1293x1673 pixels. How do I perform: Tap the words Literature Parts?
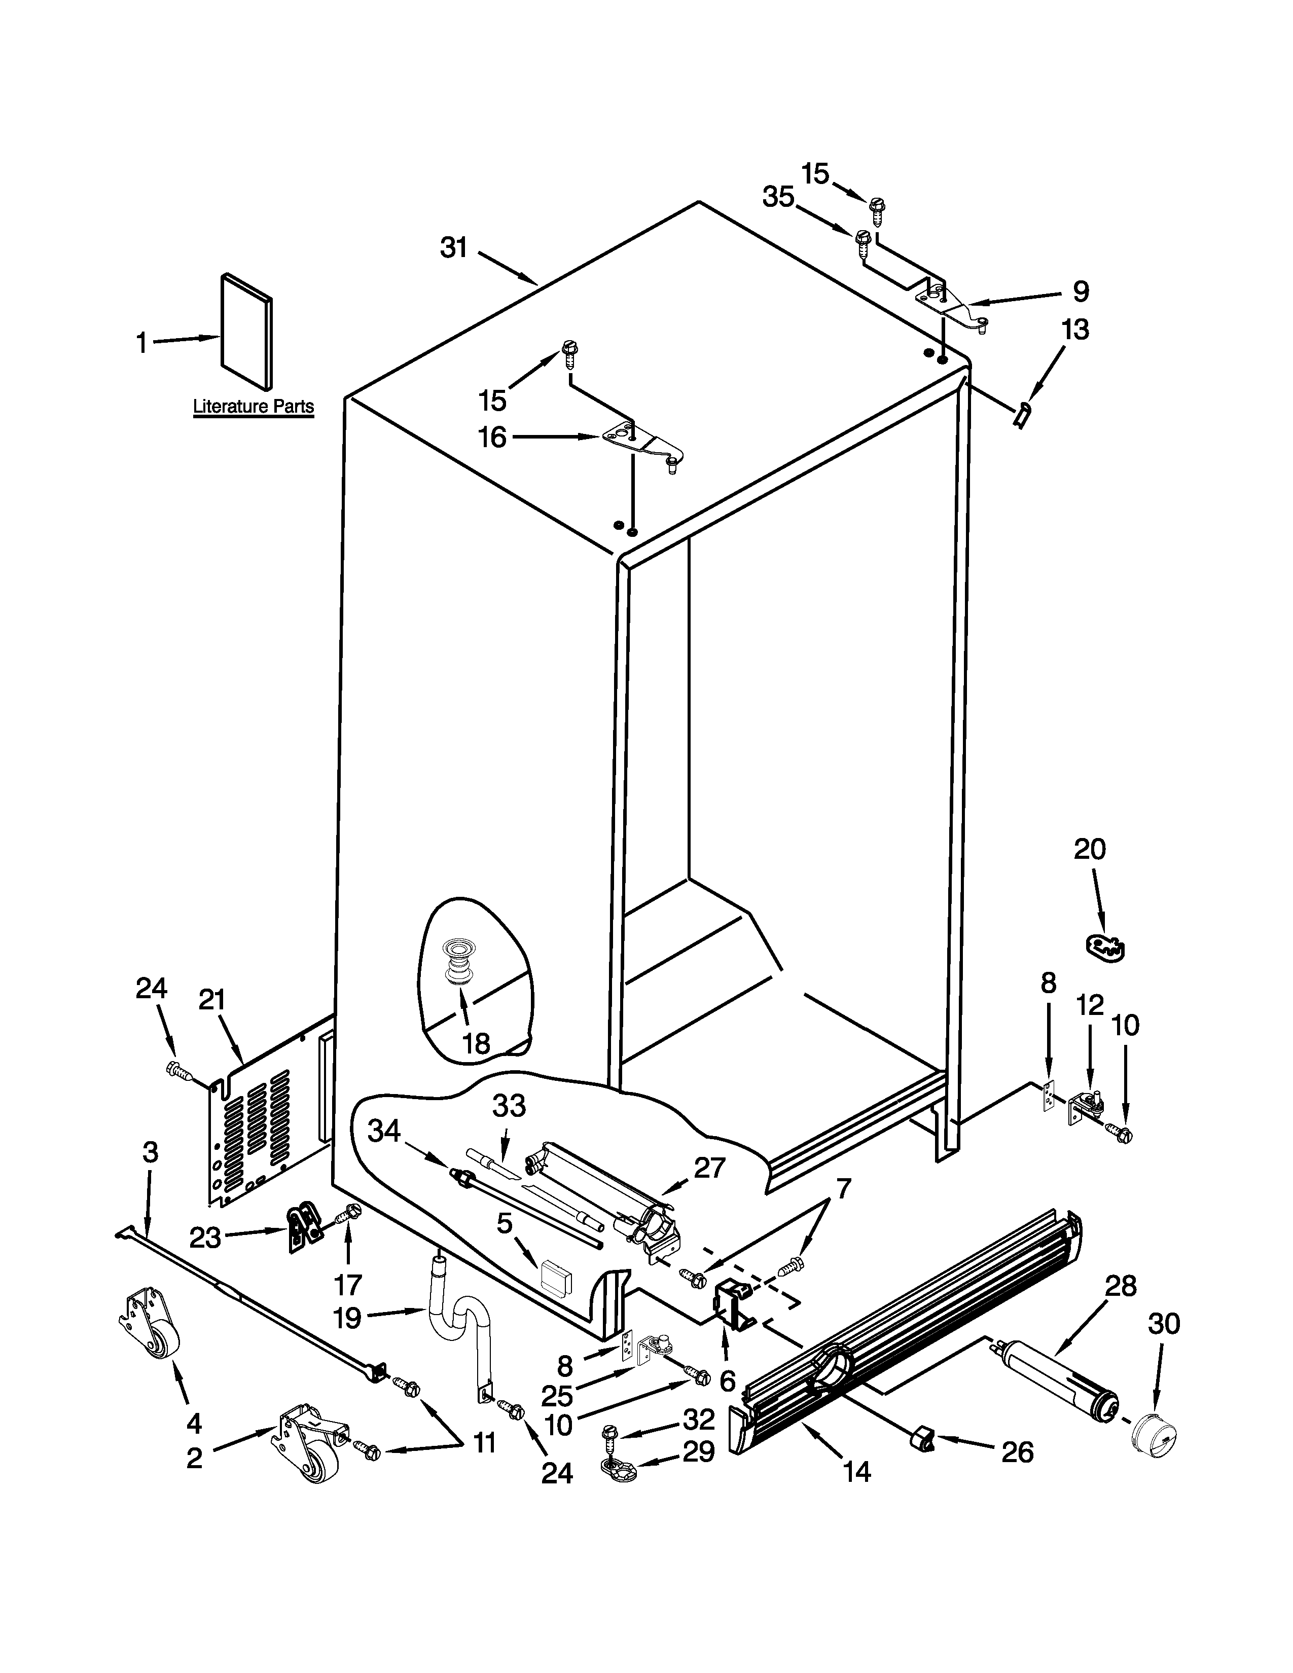pos(254,407)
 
